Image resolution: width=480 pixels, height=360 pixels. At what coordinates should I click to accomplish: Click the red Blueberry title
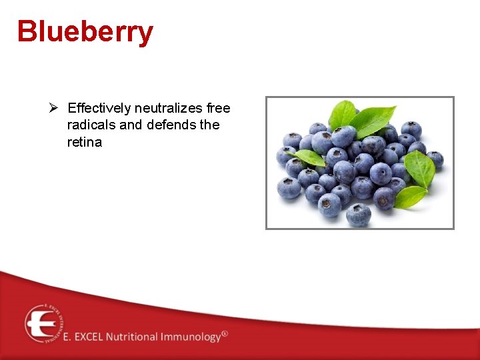click(x=85, y=31)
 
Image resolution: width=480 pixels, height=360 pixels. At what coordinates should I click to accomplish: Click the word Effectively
click(x=99, y=108)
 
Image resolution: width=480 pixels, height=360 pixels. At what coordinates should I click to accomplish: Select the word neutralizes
click(x=169, y=108)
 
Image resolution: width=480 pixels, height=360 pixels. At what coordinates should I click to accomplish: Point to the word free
click(x=219, y=108)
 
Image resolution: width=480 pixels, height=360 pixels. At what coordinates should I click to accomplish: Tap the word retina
click(x=85, y=142)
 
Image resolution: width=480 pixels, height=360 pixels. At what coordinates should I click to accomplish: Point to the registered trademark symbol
click(x=225, y=333)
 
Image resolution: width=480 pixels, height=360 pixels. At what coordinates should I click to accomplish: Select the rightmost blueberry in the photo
click(x=435, y=160)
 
